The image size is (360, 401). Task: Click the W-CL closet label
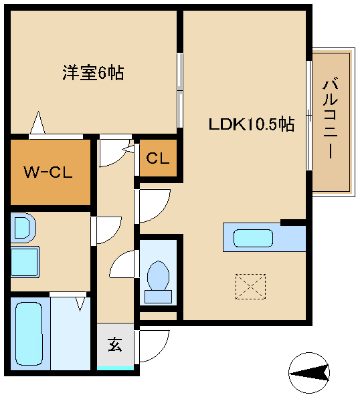pyautogui.click(x=48, y=172)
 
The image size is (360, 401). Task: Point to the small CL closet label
pyautogui.click(x=158, y=159)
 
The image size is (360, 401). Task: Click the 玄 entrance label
pyautogui.click(x=115, y=346)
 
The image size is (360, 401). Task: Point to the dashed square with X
pyautogui.click(x=251, y=287)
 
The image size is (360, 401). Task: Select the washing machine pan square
pyautogui.click(x=25, y=260)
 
